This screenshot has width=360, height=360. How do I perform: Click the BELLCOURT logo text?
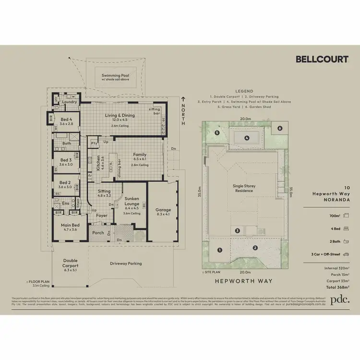point(322,60)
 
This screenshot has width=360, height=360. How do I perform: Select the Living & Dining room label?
point(120,115)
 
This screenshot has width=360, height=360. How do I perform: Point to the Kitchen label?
point(99,163)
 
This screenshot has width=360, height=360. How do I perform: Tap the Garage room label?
point(163,210)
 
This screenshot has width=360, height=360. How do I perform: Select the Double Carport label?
point(70,265)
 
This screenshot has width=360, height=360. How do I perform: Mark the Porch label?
point(98,233)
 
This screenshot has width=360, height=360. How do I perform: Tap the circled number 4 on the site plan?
point(246,138)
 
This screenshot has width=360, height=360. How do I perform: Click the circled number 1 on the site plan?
point(219,250)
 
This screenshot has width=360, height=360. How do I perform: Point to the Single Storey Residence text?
point(242,188)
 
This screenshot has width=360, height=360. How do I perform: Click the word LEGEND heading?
point(245,91)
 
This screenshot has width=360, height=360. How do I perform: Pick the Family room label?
point(140,155)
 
